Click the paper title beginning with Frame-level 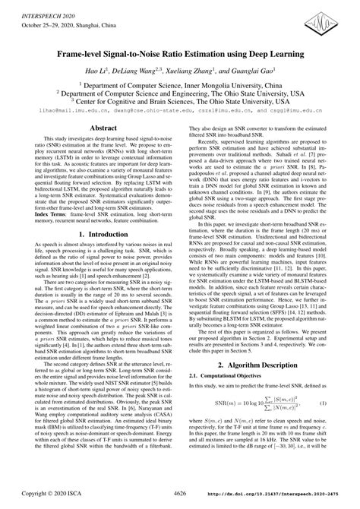click(179, 55)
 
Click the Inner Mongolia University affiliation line click(179, 87)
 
